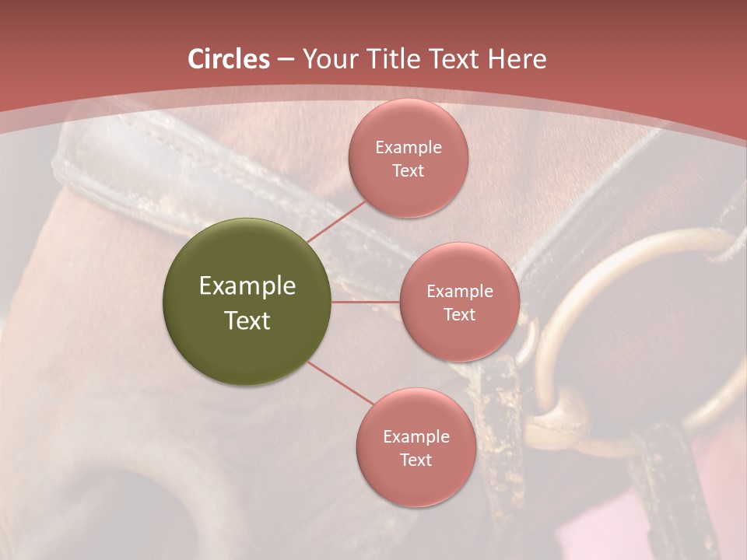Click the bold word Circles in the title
[228, 59]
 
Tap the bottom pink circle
[416, 482]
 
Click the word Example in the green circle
[247, 286]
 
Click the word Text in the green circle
[247, 320]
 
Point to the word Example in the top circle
[408, 148]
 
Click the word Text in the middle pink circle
[459, 314]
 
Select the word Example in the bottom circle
[416, 436]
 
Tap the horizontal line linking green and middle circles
[365, 302]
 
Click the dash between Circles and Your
[285, 60]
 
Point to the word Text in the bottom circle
[416, 460]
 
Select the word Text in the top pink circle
[408, 170]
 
